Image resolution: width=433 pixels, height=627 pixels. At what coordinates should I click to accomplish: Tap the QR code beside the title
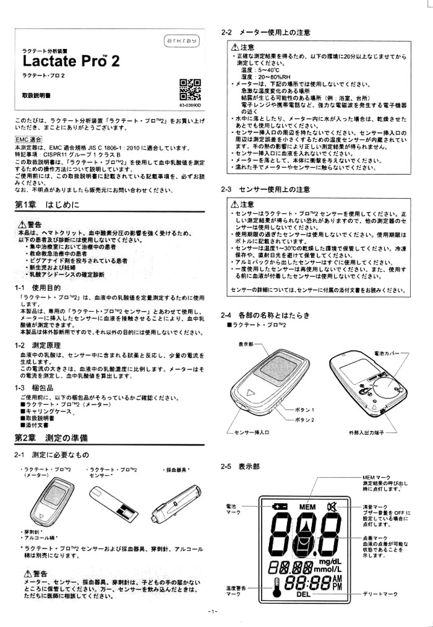click(x=189, y=90)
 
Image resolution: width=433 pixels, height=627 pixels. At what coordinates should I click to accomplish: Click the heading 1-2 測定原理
click(x=37, y=344)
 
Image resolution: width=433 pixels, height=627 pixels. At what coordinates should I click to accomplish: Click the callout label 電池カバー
click(x=387, y=353)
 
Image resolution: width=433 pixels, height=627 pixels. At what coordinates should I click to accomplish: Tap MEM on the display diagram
click(x=307, y=507)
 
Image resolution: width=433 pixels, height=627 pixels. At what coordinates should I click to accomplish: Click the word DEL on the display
click(x=303, y=594)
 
